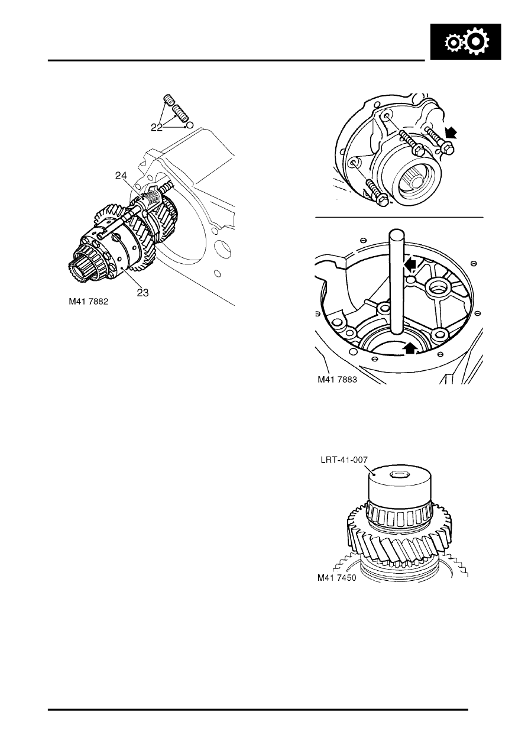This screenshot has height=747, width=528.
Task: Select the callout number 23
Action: point(143,292)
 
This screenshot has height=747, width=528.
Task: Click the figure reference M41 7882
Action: point(89,301)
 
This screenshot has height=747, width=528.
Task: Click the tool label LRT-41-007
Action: point(346,459)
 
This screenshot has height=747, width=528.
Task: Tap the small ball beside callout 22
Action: point(189,125)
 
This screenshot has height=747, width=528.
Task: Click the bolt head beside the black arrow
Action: point(447,150)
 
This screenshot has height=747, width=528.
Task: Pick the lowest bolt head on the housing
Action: point(381,201)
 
